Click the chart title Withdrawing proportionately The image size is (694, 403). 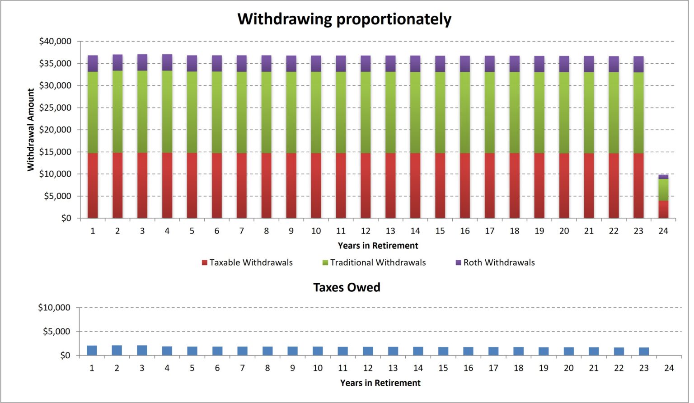(x=344, y=19)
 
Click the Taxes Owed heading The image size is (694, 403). (x=347, y=287)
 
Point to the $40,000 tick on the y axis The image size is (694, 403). (x=55, y=42)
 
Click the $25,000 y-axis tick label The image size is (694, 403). (x=55, y=108)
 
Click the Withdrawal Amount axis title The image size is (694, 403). (x=31, y=130)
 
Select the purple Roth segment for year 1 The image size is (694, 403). (x=93, y=64)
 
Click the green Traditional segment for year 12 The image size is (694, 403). (x=366, y=112)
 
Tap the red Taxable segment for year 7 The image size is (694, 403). (x=242, y=185)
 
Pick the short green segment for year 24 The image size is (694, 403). (x=663, y=190)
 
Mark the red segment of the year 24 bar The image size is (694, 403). (x=663, y=210)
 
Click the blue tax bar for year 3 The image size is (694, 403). (x=142, y=351)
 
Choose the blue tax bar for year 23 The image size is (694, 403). (x=644, y=351)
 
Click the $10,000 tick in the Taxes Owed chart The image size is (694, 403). (x=54, y=308)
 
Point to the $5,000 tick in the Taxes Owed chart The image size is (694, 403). (x=56, y=332)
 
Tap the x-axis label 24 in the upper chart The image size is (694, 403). (x=663, y=231)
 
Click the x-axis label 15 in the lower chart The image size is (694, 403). (x=443, y=368)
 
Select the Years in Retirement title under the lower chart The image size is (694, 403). (x=380, y=383)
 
